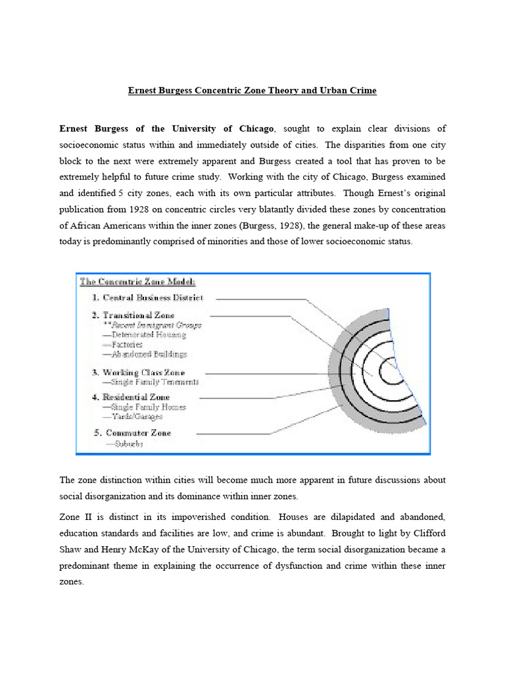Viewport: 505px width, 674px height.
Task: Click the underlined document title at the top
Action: [252, 90]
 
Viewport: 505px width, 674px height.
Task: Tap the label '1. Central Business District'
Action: [147, 298]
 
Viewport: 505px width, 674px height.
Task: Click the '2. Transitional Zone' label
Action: [133, 315]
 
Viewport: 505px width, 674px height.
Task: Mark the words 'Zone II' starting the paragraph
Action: [74, 515]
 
